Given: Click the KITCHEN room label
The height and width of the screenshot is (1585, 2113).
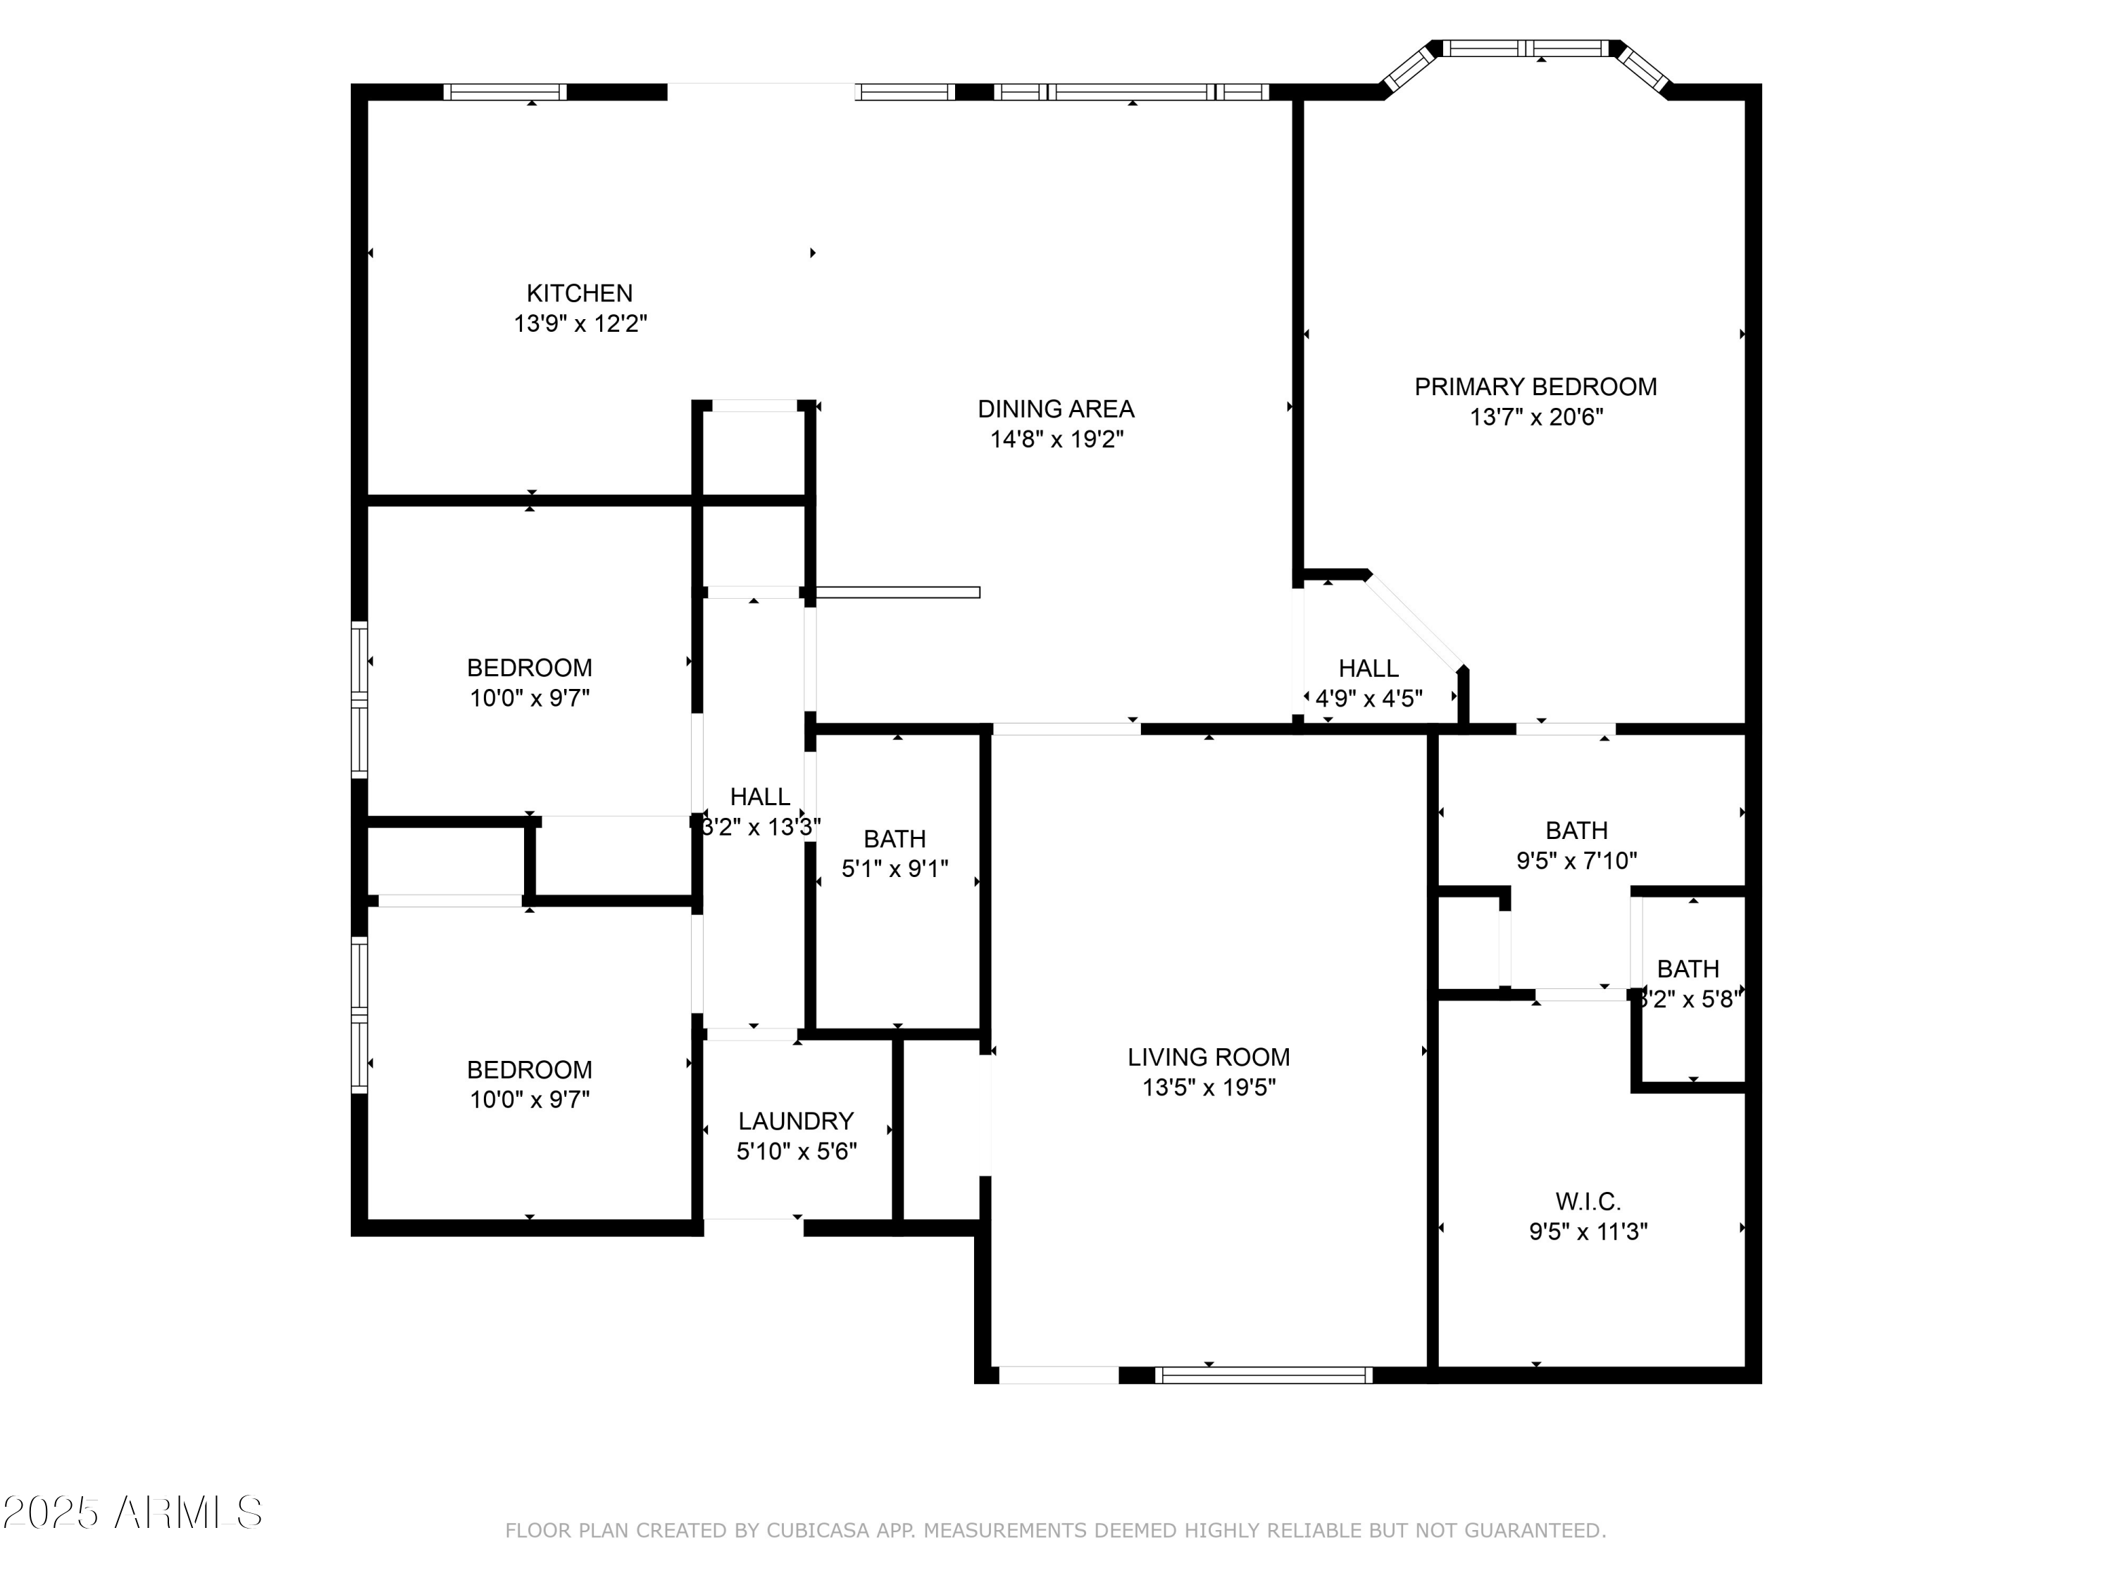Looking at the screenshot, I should coord(579,293).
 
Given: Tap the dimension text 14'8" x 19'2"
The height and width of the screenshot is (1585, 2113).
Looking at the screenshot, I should coord(1056,440).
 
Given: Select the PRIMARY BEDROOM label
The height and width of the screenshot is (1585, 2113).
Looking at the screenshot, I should coord(1535,387).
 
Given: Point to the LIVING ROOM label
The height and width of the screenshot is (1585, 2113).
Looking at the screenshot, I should coord(1209,1057).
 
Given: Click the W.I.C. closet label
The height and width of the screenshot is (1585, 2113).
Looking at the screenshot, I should coord(1588,1201).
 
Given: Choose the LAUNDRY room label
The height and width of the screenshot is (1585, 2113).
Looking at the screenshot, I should coord(796,1121).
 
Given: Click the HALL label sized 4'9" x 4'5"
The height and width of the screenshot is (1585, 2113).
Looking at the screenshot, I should coord(1368,669).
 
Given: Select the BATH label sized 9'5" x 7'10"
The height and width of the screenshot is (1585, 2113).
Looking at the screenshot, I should coord(1576,831).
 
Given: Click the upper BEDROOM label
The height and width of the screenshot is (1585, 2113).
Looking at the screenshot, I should coord(529,668).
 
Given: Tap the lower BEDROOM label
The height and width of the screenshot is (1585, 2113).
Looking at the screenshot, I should coord(529,1070).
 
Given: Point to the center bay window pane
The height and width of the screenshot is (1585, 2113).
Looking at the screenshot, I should coord(1526,49).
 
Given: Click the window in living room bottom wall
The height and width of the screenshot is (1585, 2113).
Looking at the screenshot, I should coord(1263,1376).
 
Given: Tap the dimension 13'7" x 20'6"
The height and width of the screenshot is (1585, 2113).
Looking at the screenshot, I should coord(1535,418).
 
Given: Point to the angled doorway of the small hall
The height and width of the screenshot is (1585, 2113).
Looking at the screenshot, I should coord(1414,621).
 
